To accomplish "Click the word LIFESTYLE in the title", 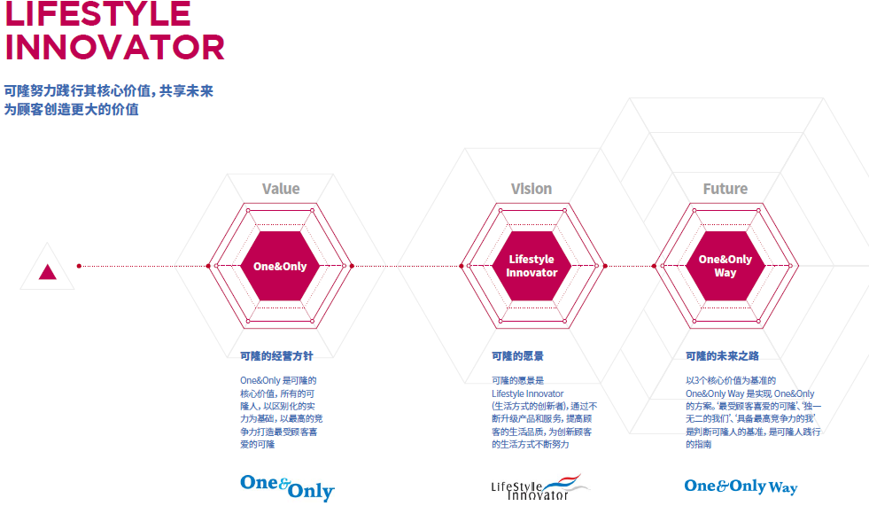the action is [98, 13].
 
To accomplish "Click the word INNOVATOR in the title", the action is [115, 47].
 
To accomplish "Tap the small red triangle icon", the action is [48, 271].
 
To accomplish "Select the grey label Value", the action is [281, 189].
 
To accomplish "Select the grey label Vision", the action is [531, 189].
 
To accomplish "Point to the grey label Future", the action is [725, 189].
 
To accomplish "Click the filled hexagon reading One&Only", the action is [280, 266].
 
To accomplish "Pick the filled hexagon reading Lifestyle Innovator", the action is [531, 266].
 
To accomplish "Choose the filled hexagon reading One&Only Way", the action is [725, 266].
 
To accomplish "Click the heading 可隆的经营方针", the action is [276, 356].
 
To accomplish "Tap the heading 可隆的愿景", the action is [517, 356].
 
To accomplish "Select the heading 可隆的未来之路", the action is [722, 356].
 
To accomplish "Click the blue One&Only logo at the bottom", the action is [287, 487].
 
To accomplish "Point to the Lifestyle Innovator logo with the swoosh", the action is [540, 487].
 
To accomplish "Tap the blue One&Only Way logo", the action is [741, 487].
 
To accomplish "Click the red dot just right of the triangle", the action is [79, 266].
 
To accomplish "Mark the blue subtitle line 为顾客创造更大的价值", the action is [72, 109].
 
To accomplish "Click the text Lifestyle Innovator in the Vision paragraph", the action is [528, 393].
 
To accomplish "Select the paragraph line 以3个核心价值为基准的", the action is [731, 380].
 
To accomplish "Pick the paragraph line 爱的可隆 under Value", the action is [257, 444].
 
